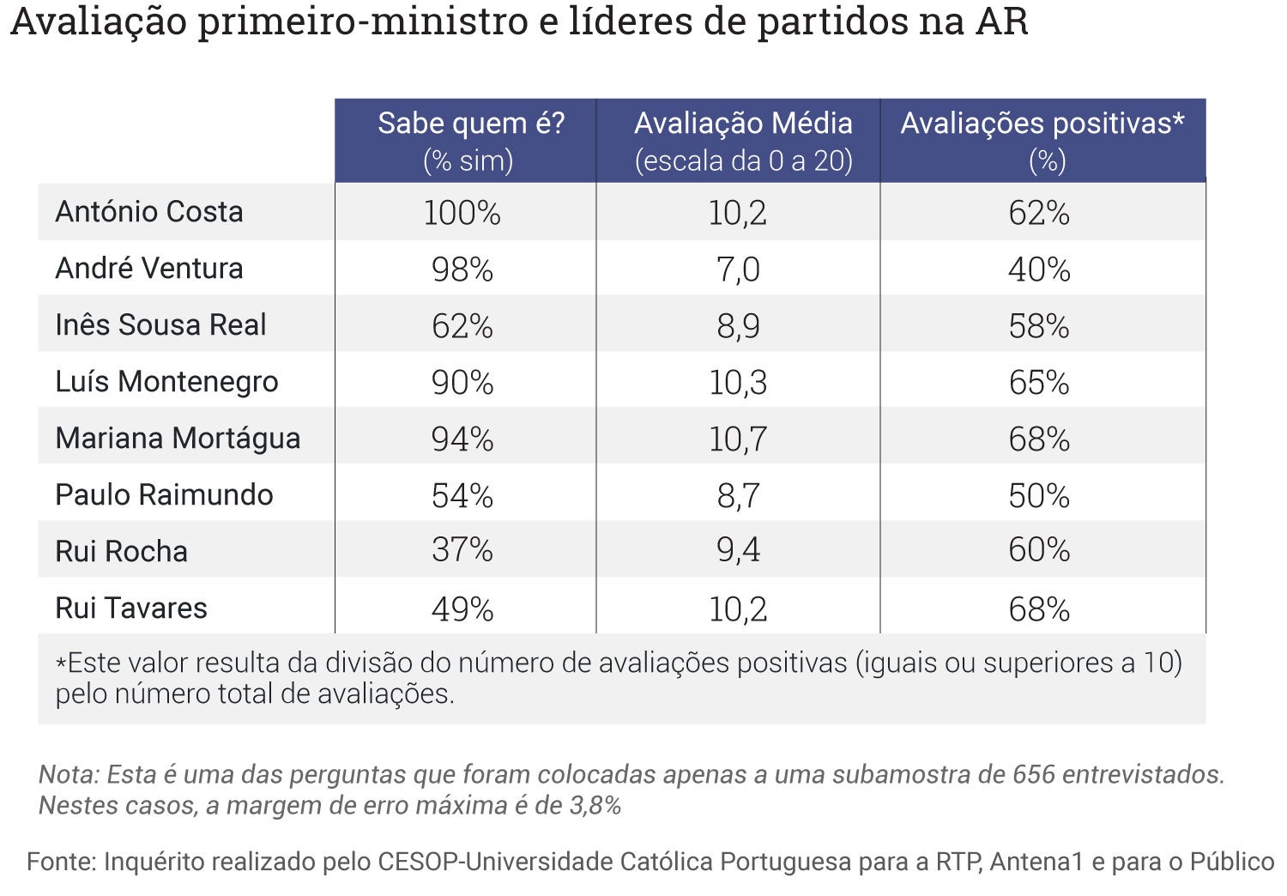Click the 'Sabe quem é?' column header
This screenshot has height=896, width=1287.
click(x=471, y=124)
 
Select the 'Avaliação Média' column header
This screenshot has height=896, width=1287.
click(x=743, y=124)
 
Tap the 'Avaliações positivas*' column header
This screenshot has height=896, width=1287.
click(x=1042, y=124)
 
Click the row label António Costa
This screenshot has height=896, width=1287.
click(x=149, y=212)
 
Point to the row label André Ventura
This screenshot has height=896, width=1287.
click(x=149, y=269)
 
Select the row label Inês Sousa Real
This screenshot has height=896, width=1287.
click(x=160, y=325)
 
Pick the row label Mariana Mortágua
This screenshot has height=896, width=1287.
click(x=178, y=439)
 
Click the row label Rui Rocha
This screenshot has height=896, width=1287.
click(x=121, y=551)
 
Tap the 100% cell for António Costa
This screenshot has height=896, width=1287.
click(x=462, y=213)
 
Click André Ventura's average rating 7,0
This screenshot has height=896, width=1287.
click(x=738, y=269)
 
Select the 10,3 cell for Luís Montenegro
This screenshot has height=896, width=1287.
click(x=738, y=383)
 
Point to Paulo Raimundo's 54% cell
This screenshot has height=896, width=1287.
click(x=462, y=496)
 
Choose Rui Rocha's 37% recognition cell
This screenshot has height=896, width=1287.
click(x=462, y=550)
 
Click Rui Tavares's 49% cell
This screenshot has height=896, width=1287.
click(x=462, y=609)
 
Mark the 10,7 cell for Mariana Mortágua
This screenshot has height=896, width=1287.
click(x=738, y=439)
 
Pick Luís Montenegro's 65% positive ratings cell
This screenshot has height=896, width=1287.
click(x=1038, y=383)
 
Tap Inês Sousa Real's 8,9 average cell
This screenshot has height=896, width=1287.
click(x=738, y=326)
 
